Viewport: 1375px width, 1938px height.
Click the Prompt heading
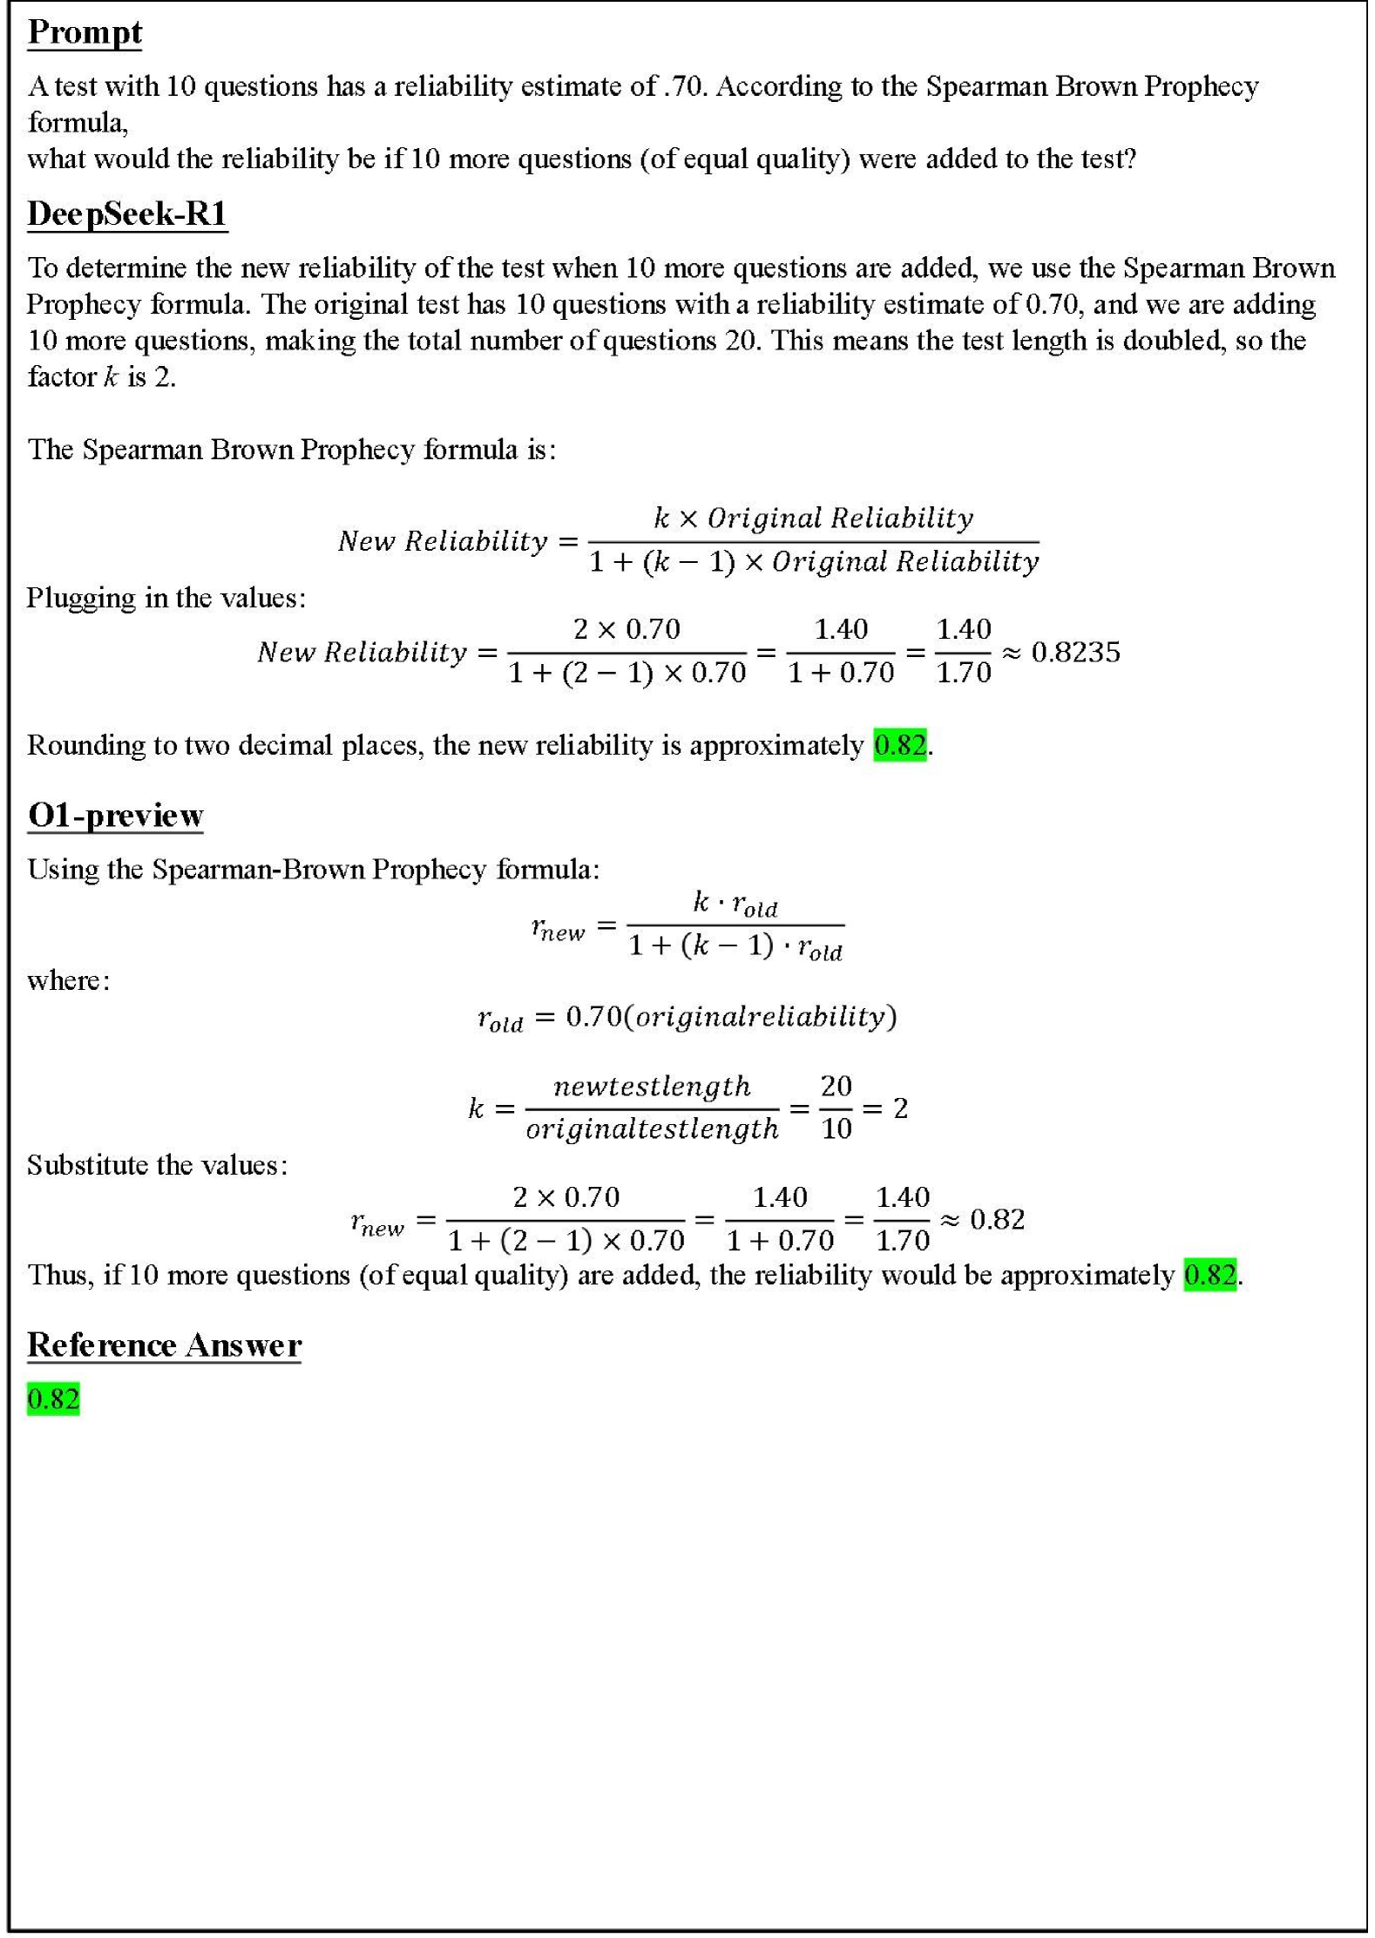pos(85,33)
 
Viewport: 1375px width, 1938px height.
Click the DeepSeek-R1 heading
pos(127,213)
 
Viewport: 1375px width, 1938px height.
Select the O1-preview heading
pos(115,815)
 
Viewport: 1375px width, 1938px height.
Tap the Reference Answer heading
pos(164,1345)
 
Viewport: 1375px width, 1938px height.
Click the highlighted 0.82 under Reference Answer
pos(53,1399)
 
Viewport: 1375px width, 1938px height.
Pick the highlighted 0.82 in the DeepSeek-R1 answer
pos(899,745)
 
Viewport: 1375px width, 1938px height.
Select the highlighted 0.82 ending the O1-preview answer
pos(1209,1275)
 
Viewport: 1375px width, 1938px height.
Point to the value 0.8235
pos(1075,652)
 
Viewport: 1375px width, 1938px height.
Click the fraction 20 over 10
pos(836,1108)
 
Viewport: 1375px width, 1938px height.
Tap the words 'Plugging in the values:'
pos(166,598)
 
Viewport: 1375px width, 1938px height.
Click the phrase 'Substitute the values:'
pos(157,1165)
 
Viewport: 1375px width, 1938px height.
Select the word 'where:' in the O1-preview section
pos(69,980)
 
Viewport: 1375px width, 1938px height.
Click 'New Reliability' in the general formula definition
pos(443,541)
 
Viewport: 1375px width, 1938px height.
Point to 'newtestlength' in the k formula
pos(652,1087)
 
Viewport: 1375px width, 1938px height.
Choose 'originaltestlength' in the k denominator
pos(652,1129)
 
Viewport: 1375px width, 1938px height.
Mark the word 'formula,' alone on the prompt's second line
pos(78,123)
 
